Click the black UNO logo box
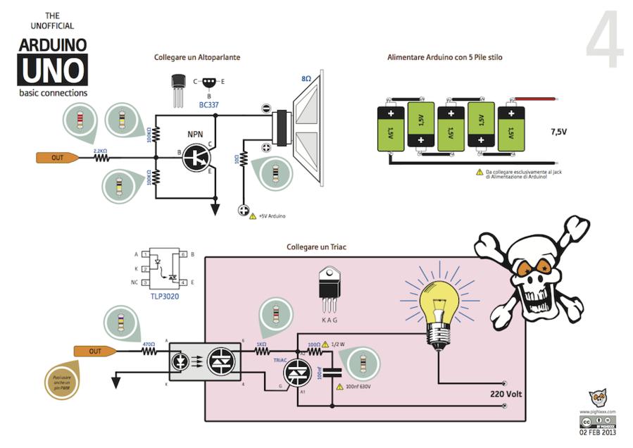point(53,70)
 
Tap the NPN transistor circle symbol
point(196,156)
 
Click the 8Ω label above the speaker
point(306,80)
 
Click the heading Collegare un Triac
point(316,247)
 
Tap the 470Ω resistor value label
point(149,344)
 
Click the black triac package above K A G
point(329,286)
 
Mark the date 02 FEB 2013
point(597,433)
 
